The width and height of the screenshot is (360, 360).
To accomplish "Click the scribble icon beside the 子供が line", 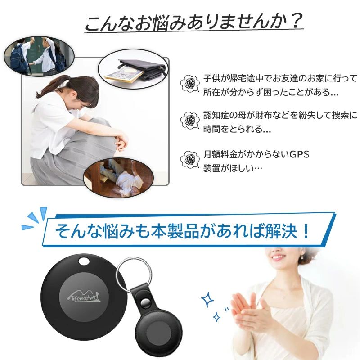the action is pyautogui.click(x=190, y=84).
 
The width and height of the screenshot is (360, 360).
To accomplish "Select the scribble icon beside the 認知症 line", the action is pyautogui.click(x=190, y=120).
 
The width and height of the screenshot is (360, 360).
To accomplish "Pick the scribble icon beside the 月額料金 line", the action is pyautogui.click(x=190, y=159).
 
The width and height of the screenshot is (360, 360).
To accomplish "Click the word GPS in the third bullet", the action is pyautogui.click(x=299, y=154).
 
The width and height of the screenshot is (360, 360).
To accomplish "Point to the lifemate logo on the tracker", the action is pyautogui.click(x=84, y=297).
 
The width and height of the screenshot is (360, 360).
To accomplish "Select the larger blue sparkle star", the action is pyautogui.click(x=207, y=300).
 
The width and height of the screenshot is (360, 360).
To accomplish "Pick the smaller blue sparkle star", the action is pyautogui.click(x=217, y=317).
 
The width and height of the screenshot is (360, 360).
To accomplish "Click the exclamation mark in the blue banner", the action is pyautogui.click(x=306, y=231).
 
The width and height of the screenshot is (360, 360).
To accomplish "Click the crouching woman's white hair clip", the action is pyautogui.click(x=65, y=84).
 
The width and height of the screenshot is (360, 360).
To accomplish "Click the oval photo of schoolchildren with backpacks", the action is pyautogui.click(x=39, y=56).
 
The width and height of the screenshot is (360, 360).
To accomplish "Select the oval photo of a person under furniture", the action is pyautogui.click(x=119, y=178).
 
